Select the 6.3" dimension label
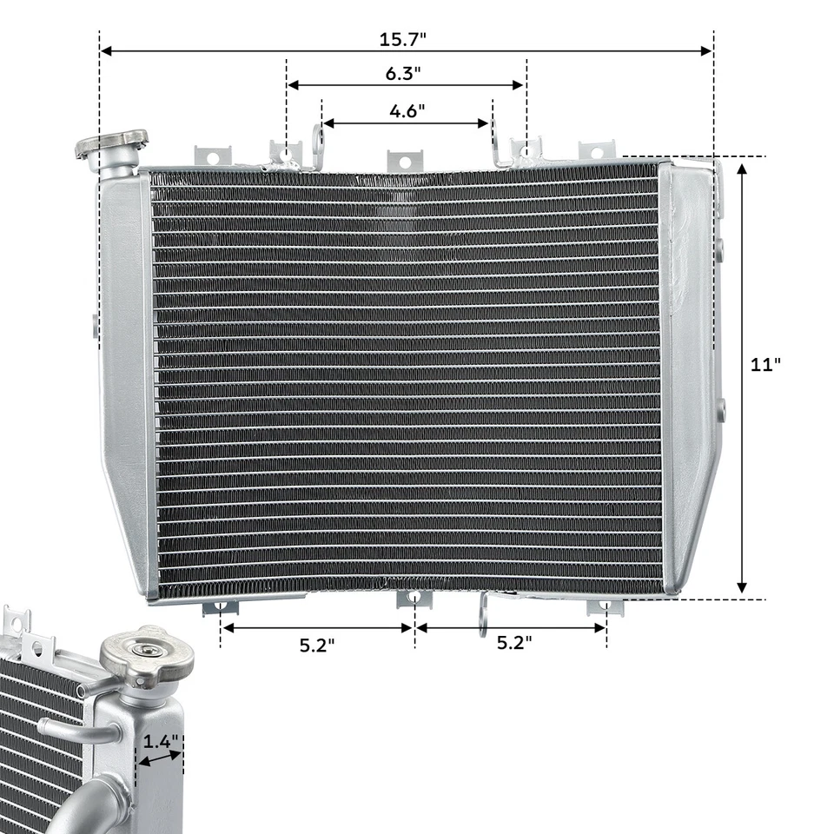404,74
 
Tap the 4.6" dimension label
407,111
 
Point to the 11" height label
765,365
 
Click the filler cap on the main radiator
111,144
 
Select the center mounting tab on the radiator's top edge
401,160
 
